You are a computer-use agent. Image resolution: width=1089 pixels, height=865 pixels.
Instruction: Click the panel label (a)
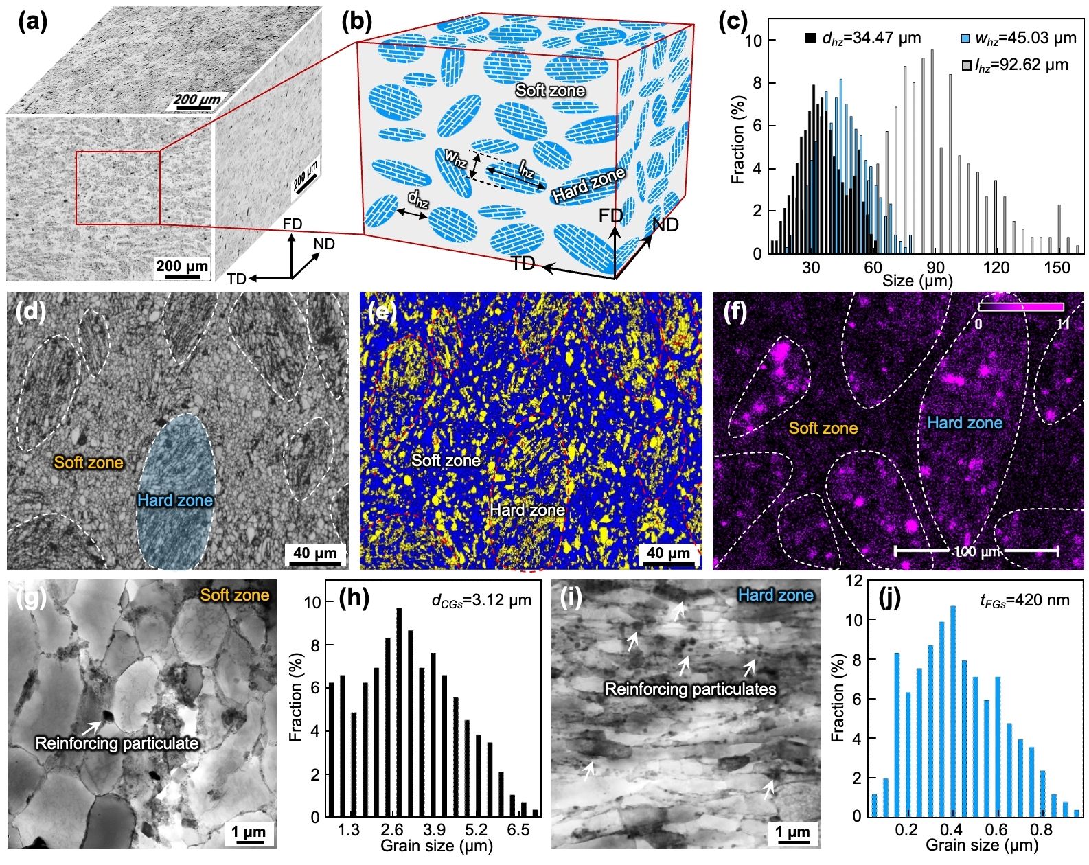click(33, 22)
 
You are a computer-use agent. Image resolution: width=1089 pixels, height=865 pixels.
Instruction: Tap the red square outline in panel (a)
click(117, 152)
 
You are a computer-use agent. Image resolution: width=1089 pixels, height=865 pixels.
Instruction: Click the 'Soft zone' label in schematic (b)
click(550, 91)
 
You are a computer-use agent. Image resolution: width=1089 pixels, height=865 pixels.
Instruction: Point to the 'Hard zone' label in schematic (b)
click(588, 185)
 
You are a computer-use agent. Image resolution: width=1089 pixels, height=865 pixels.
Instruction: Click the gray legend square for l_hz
click(967, 65)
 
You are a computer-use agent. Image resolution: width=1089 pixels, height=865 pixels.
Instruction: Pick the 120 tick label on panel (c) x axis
click(996, 268)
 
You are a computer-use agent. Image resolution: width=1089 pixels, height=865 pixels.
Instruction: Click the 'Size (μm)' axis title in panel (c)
click(917, 281)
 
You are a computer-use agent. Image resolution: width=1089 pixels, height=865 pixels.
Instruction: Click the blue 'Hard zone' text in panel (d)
click(175, 500)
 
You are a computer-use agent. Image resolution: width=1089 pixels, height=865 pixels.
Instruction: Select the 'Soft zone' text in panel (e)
click(446, 460)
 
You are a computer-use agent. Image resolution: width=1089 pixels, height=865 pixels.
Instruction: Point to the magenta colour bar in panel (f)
click(1020, 307)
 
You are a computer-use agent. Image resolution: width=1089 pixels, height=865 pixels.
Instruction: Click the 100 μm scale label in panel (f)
click(975, 551)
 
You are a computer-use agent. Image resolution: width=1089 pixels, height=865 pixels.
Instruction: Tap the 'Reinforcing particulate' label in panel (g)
click(117, 743)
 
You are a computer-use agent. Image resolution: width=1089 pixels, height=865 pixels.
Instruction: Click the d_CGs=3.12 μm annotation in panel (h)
click(481, 600)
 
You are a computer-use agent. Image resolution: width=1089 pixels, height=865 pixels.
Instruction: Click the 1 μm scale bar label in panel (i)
click(792, 833)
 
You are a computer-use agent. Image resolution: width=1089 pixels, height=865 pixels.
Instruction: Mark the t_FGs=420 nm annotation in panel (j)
click(1024, 600)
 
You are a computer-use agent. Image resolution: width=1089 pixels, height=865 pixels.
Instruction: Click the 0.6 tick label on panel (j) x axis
click(996, 830)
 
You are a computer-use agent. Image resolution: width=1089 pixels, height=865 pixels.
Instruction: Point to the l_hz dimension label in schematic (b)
click(526, 168)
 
